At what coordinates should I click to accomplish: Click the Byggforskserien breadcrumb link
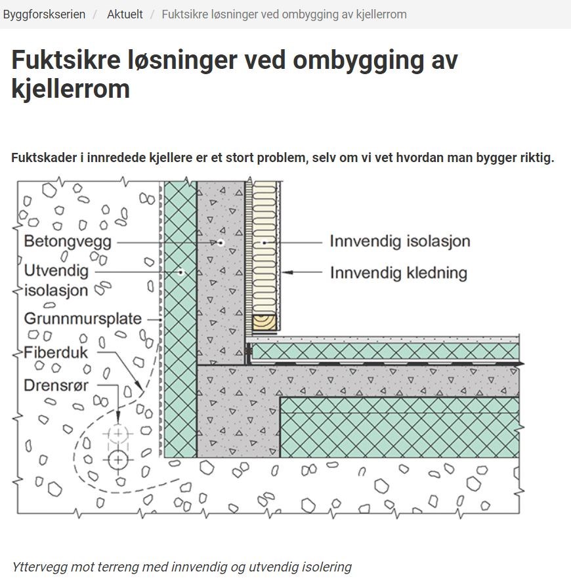[44, 14]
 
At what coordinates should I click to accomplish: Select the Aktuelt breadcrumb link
[125, 14]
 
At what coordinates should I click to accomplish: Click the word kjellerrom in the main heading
[70, 89]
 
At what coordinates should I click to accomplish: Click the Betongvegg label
[68, 241]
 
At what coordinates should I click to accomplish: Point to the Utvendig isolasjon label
[56, 280]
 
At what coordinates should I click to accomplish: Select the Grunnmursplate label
[83, 319]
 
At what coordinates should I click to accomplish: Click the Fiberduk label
[56, 352]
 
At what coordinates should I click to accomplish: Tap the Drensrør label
[56, 385]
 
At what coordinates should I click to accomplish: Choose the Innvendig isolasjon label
[400, 241]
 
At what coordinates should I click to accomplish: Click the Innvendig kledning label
[398, 272]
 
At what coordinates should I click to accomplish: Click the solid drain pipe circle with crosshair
[118, 459]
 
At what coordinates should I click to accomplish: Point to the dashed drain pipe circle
[118, 434]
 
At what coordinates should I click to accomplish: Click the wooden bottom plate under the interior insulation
[265, 321]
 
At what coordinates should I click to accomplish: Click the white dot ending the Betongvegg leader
[221, 243]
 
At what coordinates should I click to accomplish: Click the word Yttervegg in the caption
[37, 567]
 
